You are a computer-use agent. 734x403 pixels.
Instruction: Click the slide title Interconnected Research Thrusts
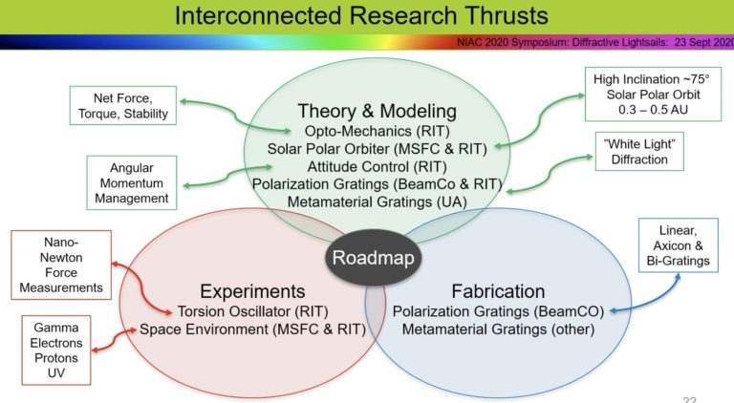(366, 16)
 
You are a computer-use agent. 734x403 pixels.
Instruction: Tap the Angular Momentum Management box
(131, 182)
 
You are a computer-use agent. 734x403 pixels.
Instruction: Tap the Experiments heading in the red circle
(252, 290)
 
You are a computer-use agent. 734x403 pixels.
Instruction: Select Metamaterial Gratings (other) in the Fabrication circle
(498, 329)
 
